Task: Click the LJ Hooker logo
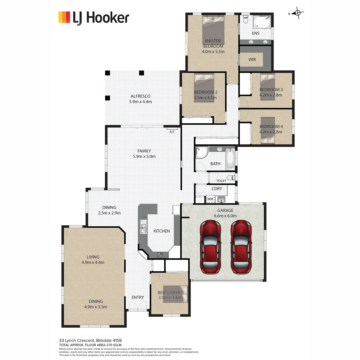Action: point(93,18)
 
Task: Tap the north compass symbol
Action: point(297,13)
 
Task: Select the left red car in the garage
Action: point(210,247)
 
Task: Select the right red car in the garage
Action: point(241,247)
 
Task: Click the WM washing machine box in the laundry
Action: point(210,199)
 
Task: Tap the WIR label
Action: point(252,60)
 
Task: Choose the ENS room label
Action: point(256,33)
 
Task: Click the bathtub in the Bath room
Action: point(230,159)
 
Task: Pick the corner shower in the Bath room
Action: point(201,152)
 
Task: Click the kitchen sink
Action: point(144,228)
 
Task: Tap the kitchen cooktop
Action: point(160,255)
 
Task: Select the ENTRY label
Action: point(138,297)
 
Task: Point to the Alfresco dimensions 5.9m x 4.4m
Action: point(140,102)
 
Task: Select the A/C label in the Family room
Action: point(172,132)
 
